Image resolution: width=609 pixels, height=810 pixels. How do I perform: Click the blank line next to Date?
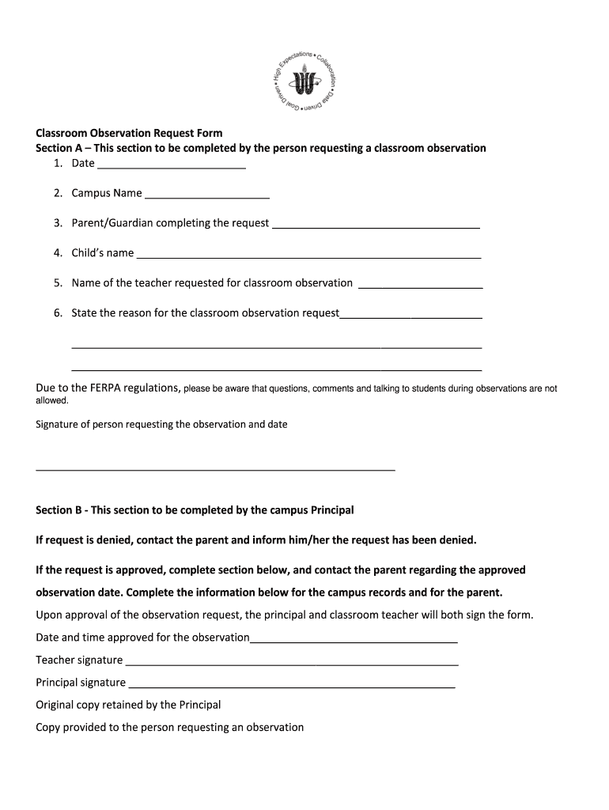[x=171, y=167]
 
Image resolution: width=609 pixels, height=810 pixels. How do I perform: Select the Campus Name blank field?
[x=207, y=196]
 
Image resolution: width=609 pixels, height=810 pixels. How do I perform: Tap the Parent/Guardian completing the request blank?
[x=376, y=226]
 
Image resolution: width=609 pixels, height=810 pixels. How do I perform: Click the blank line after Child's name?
[x=308, y=256]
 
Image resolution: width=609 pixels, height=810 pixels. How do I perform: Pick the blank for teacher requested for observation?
[x=421, y=286]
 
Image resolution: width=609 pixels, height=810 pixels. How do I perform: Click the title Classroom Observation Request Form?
[x=129, y=133]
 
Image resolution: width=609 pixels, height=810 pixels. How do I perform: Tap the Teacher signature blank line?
[x=292, y=664]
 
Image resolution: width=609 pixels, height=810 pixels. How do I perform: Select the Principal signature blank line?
[x=292, y=686]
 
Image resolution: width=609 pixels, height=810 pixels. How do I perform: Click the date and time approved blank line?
[x=354, y=641]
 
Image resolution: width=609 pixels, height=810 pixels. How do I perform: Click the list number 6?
[x=58, y=312]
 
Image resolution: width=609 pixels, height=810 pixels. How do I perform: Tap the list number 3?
[x=58, y=223]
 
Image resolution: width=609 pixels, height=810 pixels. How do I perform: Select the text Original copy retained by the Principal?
[x=128, y=705]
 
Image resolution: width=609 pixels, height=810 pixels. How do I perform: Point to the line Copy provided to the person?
[x=169, y=727]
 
